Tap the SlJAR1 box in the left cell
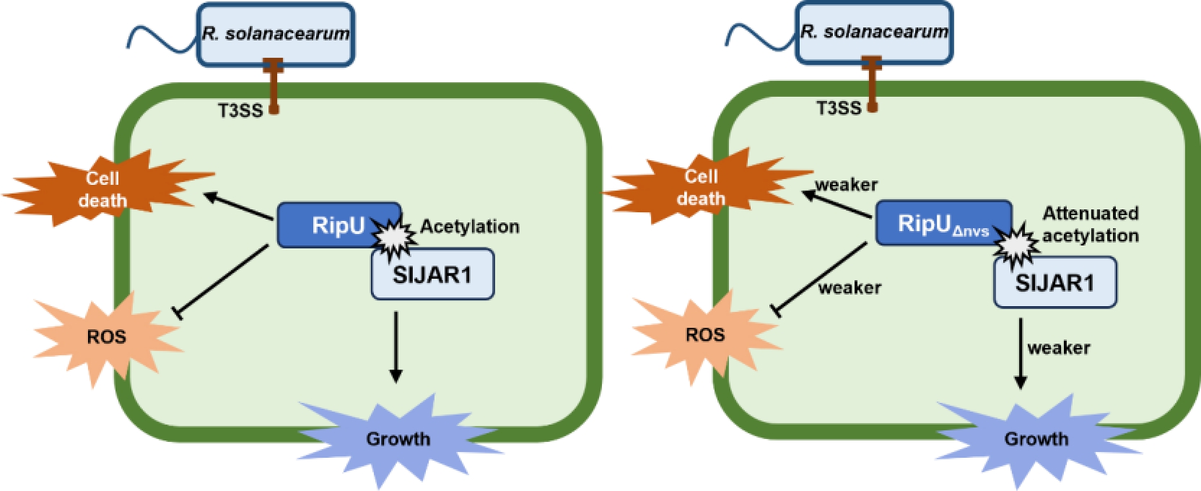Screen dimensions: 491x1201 tap(432, 275)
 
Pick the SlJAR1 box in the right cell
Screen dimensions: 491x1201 tap(1054, 282)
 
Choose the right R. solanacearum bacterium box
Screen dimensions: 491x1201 tap(873, 32)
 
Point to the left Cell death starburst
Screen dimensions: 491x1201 tap(102, 189)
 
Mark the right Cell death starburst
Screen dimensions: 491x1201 tap(702, 187)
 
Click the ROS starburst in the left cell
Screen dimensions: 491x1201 tap(106, 336)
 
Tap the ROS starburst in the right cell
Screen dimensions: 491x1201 tap(704, 334)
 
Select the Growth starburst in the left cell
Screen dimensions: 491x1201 tap(398, 438)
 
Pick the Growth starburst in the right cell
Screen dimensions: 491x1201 tap(1036, 438)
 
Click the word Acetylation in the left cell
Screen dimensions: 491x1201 tap(470, 227)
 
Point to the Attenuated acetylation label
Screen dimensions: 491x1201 tap(1090, 224)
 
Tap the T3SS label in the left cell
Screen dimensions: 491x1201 tap(240, 110)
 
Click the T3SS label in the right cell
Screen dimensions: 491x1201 tap(839, 108)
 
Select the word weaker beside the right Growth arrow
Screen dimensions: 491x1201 tap(1059, 348)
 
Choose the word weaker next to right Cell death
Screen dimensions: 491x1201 tap(846, 185)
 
